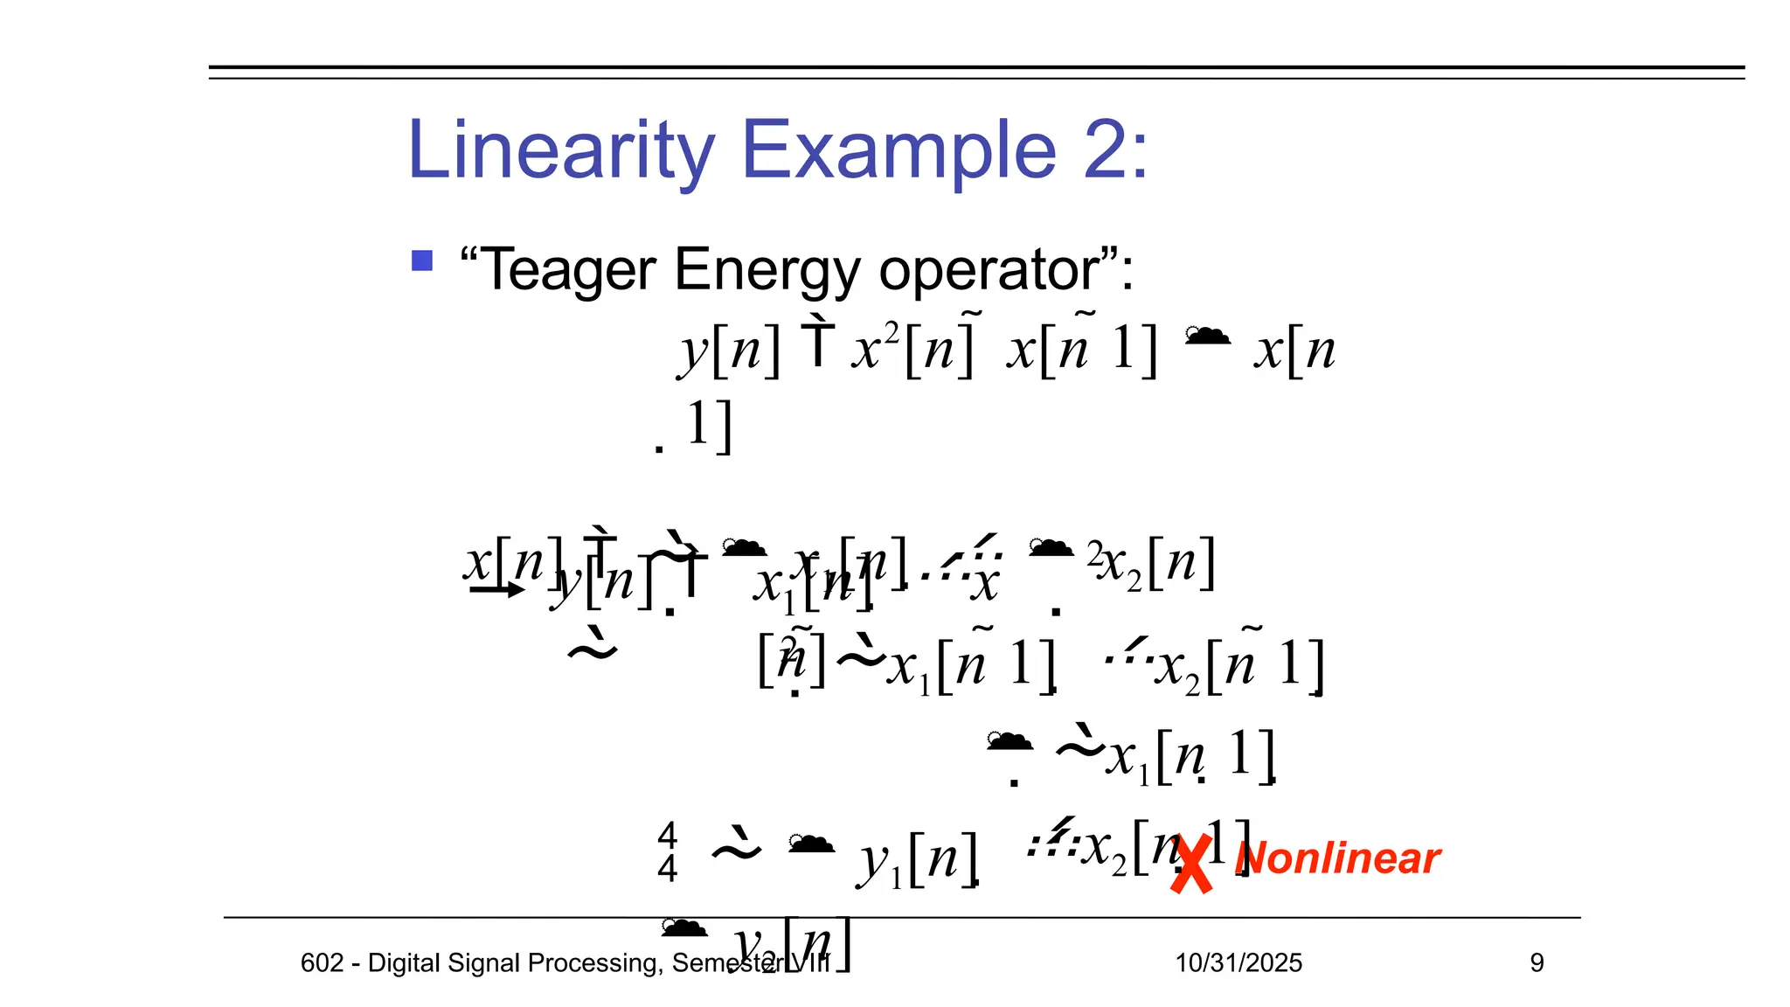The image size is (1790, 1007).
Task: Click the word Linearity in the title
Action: point(560,150)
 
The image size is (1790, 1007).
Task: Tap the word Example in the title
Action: point(898,150)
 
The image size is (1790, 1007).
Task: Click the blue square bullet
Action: point(422,260)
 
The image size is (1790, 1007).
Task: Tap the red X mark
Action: point(1192,864)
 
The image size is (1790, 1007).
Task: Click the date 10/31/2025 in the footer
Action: point(1238,963)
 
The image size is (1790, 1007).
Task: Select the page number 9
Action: point(1537,963)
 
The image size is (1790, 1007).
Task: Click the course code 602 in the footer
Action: point(322,963)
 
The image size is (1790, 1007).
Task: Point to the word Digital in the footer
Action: point(406,963)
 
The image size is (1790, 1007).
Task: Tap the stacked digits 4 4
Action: point(668,852)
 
